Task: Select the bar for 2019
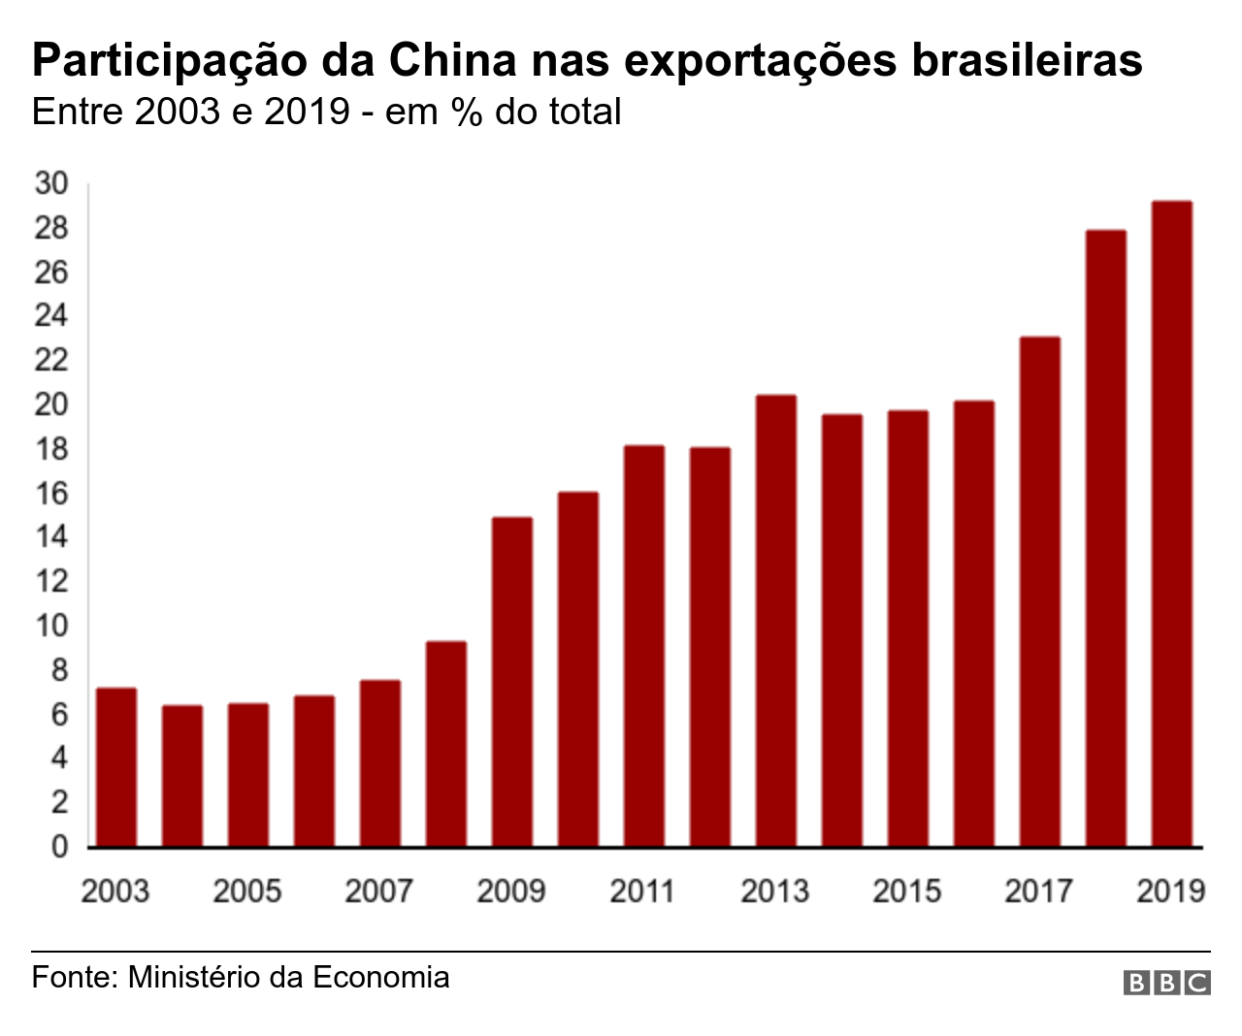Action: (1171, 524)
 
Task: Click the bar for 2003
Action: (116, 767)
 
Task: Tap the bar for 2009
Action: (512, 682)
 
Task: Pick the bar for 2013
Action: (776, 621)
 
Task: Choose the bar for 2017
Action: (1039, 592)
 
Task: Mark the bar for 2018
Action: (1105, 538)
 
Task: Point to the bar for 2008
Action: (446, 744)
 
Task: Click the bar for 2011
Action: (644, 646)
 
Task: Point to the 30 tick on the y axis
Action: (51, 183)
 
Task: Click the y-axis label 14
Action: (51, 536)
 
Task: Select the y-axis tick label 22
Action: (51, 360)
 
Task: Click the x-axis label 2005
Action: (247, 890)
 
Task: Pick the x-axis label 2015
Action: (906, 890)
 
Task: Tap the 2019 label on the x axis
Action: (1170, 890)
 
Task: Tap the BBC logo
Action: (1166, 983)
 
